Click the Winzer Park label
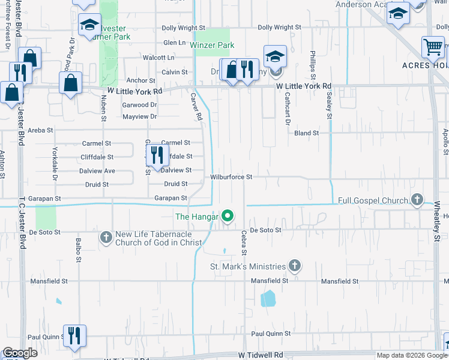[x=212, y=45]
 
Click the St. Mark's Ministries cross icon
[x=294, y=265]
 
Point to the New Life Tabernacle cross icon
[x=106, y=238]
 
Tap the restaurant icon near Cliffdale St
[x=157, y=155]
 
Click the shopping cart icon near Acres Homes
[x=432, y=47]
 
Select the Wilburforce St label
[x=231, y=178]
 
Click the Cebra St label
[x=244, y=244]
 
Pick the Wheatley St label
[x=437, y=221]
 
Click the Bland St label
[x=306, y=133]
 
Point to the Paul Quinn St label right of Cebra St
[x=271, y=334]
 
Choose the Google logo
[x=20, y=353]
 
